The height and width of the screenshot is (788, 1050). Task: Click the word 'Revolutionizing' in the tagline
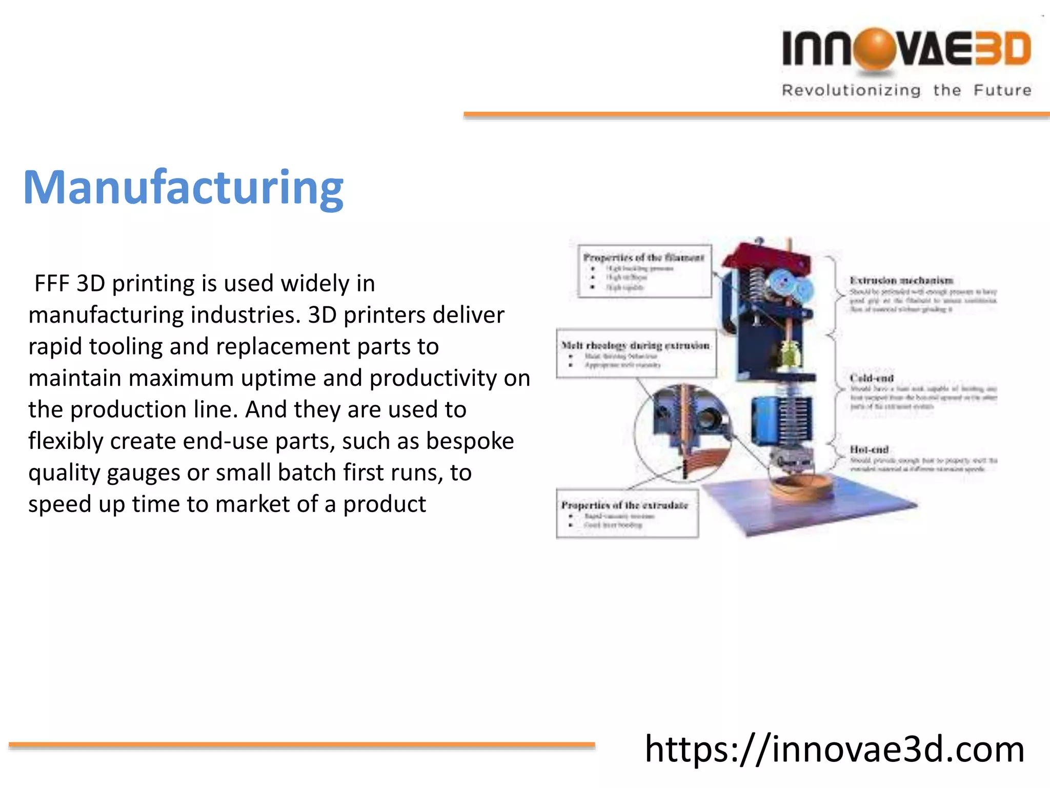tap(851, 90)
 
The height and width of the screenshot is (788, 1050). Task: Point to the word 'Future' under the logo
tap(1002, 90)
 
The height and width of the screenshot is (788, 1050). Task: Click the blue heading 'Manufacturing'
tap(183, 188)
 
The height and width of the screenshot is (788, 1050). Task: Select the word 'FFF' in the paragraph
tap(51, 283)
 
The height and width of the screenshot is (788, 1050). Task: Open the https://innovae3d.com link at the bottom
tap(834, 750)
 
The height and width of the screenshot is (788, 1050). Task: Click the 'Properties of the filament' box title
tap(644, 258)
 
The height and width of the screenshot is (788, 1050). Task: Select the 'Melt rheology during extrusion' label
tap(636, 345)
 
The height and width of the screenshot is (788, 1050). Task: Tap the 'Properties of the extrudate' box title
tap(624, 505)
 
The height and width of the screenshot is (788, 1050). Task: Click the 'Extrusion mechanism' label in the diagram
tap(901, 281)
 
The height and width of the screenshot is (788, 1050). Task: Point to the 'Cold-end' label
tap(872, 378)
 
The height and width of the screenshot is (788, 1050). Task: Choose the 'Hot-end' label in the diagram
tap(869, 449)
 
